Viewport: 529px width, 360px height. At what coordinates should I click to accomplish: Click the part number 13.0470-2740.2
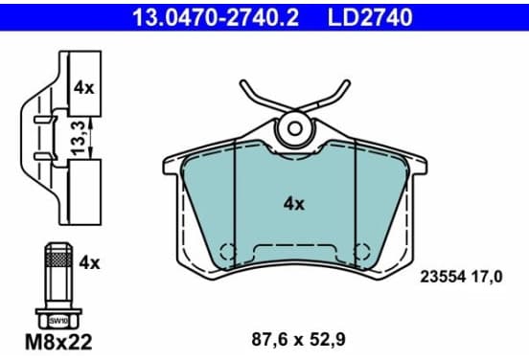click(216, 17)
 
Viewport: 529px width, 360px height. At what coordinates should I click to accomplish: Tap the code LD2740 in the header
click(370, 17)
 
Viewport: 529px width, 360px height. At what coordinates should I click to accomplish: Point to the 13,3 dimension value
click(78, 139)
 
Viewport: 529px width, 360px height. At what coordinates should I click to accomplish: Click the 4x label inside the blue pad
click(294, 204)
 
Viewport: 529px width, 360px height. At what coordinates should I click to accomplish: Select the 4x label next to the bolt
click(89, 262)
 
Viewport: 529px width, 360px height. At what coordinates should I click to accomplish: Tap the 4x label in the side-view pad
click(84, 88)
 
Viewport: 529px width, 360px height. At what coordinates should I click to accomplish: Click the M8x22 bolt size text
click(58, 342)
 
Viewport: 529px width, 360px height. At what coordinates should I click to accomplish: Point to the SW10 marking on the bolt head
click(58, 321)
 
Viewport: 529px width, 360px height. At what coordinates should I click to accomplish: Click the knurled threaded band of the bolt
click(58, 259)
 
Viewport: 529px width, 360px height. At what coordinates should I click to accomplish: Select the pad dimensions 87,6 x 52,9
click(298, 340)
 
